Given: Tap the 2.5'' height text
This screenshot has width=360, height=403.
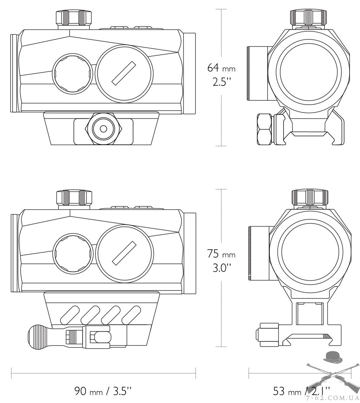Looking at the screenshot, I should [x=221, y=82].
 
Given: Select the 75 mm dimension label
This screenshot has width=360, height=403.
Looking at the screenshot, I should [x=221, y=254].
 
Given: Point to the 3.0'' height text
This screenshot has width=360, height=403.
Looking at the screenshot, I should [x=221, y=268].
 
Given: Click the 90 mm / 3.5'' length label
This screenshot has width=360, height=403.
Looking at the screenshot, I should [x=103, y=391].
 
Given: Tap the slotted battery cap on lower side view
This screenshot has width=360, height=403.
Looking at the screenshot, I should [x=124, y=253].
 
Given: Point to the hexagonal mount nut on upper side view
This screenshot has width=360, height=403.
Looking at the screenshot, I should [x=103, y=128].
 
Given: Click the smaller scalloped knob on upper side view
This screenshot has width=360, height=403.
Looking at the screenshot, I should [x=72, y=74].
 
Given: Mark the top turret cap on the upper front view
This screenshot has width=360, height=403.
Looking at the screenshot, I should [x=308, y=17].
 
